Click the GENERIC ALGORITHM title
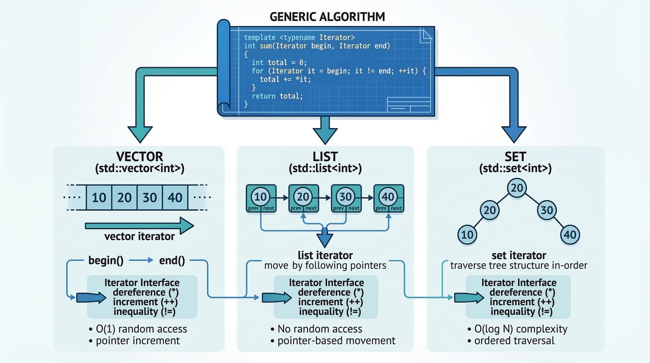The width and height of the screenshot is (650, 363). tap(327, 17)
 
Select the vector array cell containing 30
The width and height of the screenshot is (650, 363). tap(150, 197)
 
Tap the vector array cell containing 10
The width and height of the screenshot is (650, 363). tap(99, 197)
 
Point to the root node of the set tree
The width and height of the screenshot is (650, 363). tap(517, 188)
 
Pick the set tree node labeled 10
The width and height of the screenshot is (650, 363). tap(467, 235)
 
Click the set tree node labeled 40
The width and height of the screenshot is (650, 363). tap(570, 235)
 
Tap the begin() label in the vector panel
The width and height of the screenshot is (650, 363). tap(106, 260)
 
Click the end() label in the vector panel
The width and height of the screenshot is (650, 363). tap(172, 260)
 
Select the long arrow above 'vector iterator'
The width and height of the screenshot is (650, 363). tap(139, 225)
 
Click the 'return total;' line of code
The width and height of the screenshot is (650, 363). tap(277, 96)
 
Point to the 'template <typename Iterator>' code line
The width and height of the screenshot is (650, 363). tap(299, 37)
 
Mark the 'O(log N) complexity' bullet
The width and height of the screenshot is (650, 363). tap(520, 329)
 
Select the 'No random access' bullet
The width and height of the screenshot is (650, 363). tap(319, 329)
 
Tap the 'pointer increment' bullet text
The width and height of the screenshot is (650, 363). tap(137, 341)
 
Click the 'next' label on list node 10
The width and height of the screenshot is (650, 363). tap(268, 208)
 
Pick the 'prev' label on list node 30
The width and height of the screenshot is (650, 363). tap(338, 208)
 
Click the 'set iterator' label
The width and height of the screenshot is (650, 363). tap(519, 255)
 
